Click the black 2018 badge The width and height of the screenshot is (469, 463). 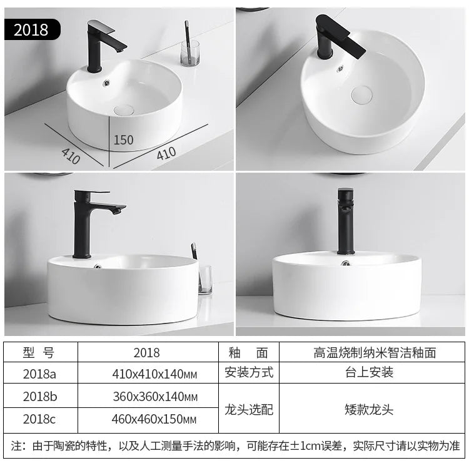coord(33,29)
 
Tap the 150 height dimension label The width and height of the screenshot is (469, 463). coord(123,140)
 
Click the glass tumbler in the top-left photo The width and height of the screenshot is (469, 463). coord(190,53)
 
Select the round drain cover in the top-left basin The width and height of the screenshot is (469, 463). coord(124,110)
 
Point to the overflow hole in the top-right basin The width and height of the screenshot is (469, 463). coord(340,69)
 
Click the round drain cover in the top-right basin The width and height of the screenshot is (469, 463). coord(361,95)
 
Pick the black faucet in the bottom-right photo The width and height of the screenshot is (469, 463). coord(345,221)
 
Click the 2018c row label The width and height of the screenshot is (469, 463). coord(39,419)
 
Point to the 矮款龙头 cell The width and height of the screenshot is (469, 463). coord(369,409)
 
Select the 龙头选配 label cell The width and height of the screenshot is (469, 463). coord(249,409)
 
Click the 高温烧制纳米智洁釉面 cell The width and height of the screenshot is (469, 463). coord(375,352)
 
